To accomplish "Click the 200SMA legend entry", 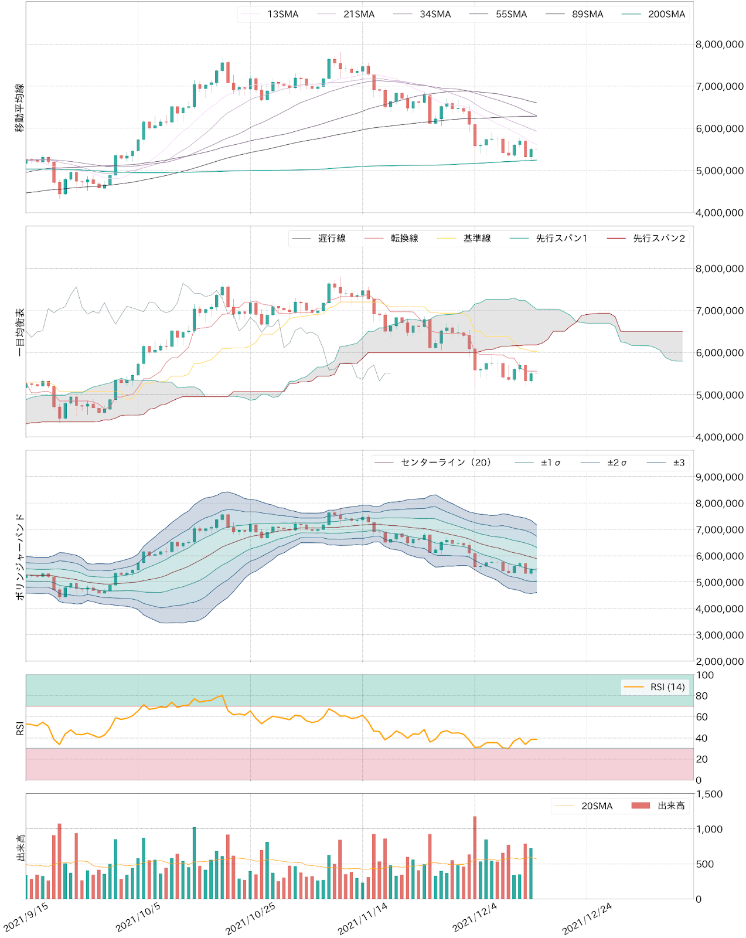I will point(666,14).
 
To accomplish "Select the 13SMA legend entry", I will point(282,14).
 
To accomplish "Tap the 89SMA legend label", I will point(587,14).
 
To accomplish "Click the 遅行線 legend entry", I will point(332,238).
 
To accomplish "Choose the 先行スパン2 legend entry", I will point(659,238).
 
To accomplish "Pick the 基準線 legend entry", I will point(477,238).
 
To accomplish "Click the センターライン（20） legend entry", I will point(445,463).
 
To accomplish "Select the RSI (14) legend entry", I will point(667,687).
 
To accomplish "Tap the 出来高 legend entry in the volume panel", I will point(671,806).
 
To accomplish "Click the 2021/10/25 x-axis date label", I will point(251,918).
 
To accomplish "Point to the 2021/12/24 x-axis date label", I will point(587,918).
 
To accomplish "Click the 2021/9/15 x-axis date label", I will point(26,918).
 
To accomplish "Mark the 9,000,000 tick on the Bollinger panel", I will point(719,477).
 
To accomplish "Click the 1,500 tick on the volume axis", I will point(709,794).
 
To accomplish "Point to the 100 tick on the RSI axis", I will point(705,675).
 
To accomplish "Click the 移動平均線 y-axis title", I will point(19,108).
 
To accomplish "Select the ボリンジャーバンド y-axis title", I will point(19,556).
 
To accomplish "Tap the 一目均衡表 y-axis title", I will point(19,332).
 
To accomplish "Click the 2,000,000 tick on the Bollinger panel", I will point(719,661).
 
